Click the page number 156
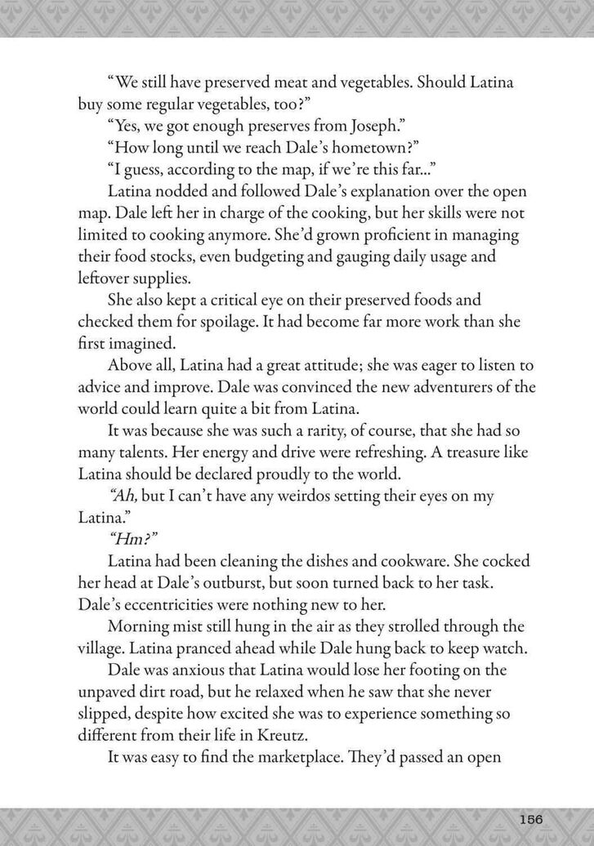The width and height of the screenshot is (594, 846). (531, 819)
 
